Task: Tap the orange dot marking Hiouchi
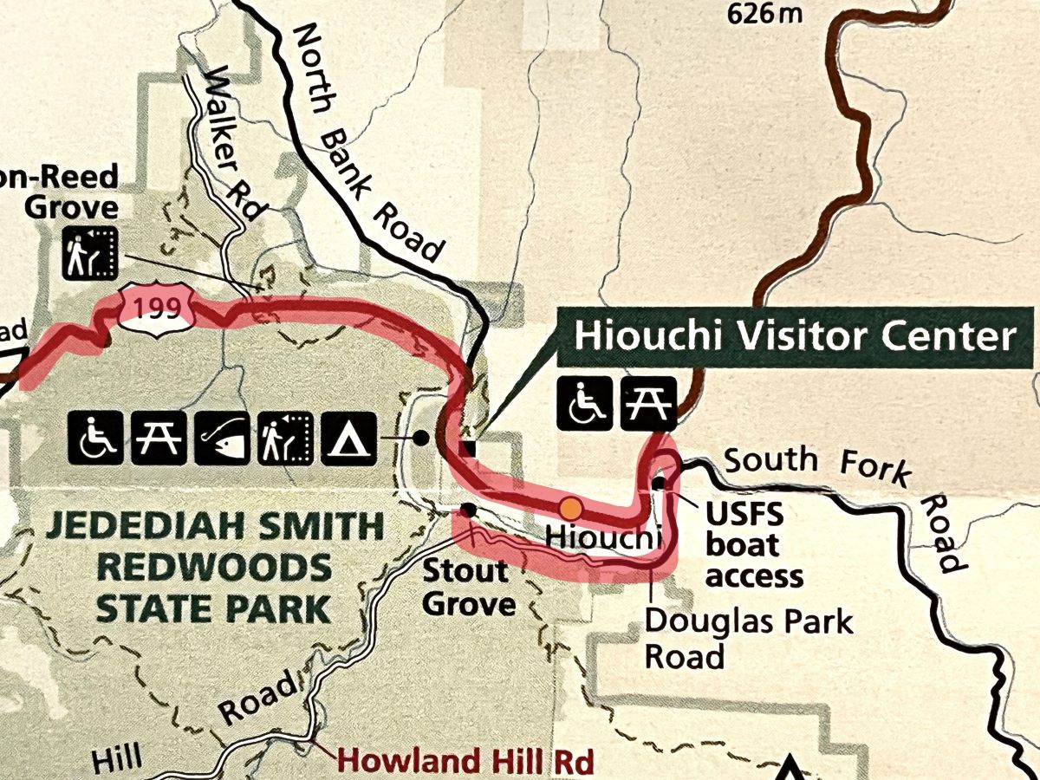tap(569, 507)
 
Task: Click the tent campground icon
tap(350, 437)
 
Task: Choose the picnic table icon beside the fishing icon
tap(159, 437)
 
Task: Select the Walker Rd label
tap(224, 144)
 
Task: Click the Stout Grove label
tap(465, 587)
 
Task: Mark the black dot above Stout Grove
tap(468, 510)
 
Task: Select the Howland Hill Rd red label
tap(465, 761)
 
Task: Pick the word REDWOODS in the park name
tap(212, 568)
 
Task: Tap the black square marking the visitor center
tap(469, 449)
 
